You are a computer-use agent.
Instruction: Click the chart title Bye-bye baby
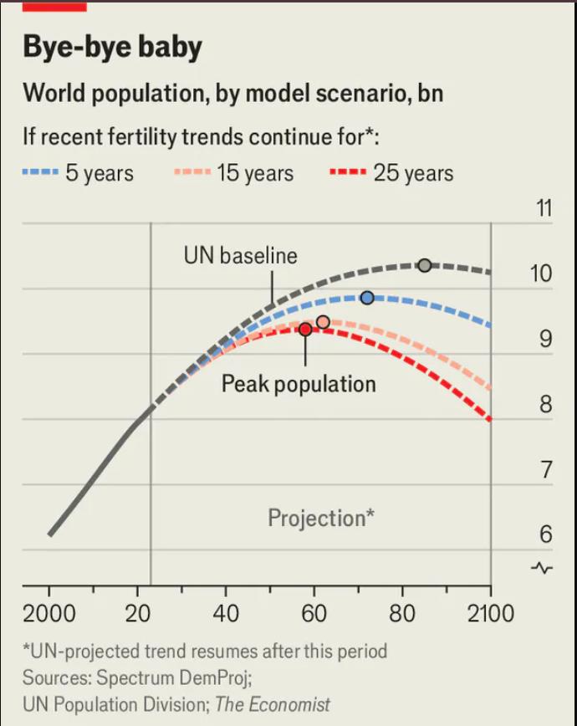[112, 47]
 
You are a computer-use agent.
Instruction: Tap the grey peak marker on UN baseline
[424, 265]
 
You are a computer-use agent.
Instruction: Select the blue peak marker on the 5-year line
[366, 298]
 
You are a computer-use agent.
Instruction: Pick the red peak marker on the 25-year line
[305, 330]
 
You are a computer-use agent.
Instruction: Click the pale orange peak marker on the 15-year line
[323, 322]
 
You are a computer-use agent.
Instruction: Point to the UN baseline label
[240, 255]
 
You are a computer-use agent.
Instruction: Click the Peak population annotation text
[299, 384]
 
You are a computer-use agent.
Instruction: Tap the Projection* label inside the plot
[320, 518]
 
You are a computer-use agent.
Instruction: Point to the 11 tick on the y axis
[544, 209]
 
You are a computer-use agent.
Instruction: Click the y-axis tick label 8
[545, 405]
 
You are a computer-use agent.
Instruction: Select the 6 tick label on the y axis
[545, 534]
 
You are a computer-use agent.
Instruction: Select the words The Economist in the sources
[272, 704]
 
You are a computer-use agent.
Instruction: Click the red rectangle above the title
[54, 6]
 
